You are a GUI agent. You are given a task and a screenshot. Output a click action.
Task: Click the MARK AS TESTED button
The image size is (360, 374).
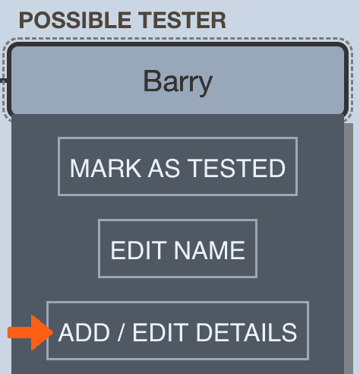(x=178, y=166)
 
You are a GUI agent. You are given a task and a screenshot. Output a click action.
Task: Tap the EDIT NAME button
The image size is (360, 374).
(x=178, y=249)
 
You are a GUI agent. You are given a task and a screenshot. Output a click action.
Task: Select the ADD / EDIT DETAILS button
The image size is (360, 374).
(x=178, y=331)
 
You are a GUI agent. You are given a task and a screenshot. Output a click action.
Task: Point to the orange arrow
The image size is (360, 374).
(x=30, y=332)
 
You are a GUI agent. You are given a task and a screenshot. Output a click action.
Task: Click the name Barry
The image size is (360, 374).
(x=178, y=82)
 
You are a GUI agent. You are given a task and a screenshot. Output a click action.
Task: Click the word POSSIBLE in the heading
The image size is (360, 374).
(x=75, y=21)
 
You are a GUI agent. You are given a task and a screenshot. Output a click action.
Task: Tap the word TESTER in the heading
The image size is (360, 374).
(x=182, y=21)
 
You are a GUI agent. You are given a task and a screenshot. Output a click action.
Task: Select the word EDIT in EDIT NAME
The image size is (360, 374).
(x=139, y=250)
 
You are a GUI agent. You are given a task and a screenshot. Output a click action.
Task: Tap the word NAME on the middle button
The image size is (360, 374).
(x=210, y=250)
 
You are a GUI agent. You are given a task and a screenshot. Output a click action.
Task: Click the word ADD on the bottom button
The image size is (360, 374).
(x=84, y=332)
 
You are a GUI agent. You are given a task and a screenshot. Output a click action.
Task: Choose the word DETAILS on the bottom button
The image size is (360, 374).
(x=247, y=332)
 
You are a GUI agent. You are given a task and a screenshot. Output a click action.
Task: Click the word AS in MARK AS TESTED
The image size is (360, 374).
(x=164, y=168)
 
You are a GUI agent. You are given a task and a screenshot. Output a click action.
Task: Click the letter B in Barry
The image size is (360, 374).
(x=152, y=81)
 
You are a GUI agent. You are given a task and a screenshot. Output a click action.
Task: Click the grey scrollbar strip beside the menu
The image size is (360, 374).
(x=349, y=249)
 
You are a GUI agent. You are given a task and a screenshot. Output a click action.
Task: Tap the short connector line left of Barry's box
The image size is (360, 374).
(x=3, y=81)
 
